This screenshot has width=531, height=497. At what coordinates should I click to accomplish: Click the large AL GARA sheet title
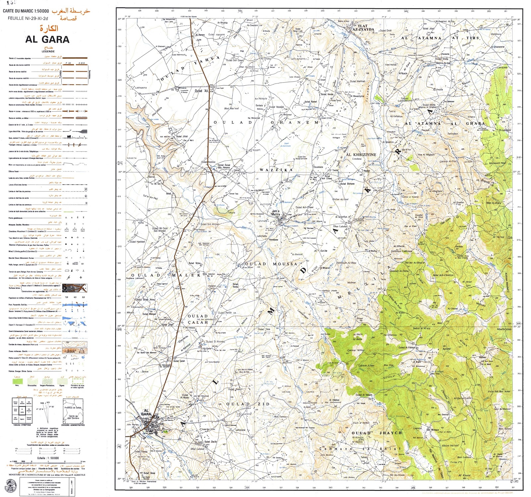point(47,40)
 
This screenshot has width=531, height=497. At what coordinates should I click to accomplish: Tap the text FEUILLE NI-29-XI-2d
point(28,19)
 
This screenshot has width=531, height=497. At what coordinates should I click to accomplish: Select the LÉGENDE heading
point(48,51)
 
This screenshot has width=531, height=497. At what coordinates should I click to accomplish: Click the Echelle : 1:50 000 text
point(48,458)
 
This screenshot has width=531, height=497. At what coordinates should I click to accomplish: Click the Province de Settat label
point(73,408)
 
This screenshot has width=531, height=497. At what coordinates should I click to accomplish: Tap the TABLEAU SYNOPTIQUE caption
point(22,425)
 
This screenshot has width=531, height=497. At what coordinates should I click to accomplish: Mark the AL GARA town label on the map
point(146,412)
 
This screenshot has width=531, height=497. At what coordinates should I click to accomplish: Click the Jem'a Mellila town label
point(275,213)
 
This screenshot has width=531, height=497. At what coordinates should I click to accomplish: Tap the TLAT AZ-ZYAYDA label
point(363,28)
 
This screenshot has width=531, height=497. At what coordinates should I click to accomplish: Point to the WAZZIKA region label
point(276,170)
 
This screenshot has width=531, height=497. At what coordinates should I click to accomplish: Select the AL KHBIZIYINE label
point(361,154)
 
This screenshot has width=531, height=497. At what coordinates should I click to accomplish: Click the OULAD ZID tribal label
point(248,404)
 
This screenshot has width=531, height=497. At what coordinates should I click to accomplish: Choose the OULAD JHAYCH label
point(377,433)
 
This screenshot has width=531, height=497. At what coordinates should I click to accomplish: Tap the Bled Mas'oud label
point(231,108)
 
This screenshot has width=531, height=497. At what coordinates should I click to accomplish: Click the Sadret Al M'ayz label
point(421,328)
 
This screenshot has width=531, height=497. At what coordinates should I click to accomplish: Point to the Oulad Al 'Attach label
point(364,395)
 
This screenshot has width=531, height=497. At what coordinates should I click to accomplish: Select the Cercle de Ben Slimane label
point(73,417)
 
